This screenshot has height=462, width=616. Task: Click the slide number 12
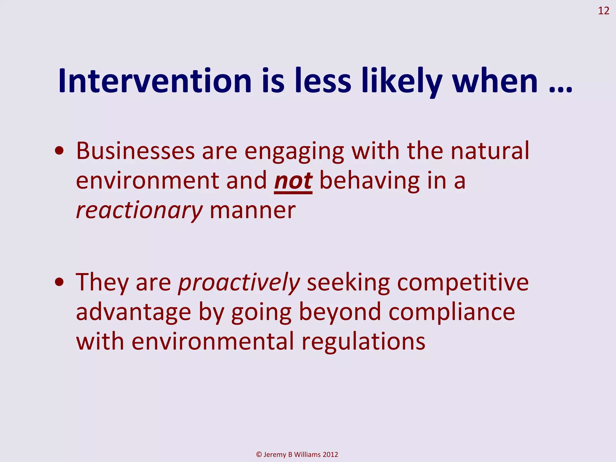603,11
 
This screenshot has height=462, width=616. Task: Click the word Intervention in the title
155,81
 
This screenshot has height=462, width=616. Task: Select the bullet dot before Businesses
59,151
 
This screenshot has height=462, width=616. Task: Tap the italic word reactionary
139,211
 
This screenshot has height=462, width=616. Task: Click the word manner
252,211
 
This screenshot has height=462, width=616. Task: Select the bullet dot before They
59,282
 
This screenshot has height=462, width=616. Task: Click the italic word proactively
239,283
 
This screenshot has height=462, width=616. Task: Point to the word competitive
463,283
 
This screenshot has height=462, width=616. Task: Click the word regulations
363,342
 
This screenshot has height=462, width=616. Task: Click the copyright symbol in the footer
259,454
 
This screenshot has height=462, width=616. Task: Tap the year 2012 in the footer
330,454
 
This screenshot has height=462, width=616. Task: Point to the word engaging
294,151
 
